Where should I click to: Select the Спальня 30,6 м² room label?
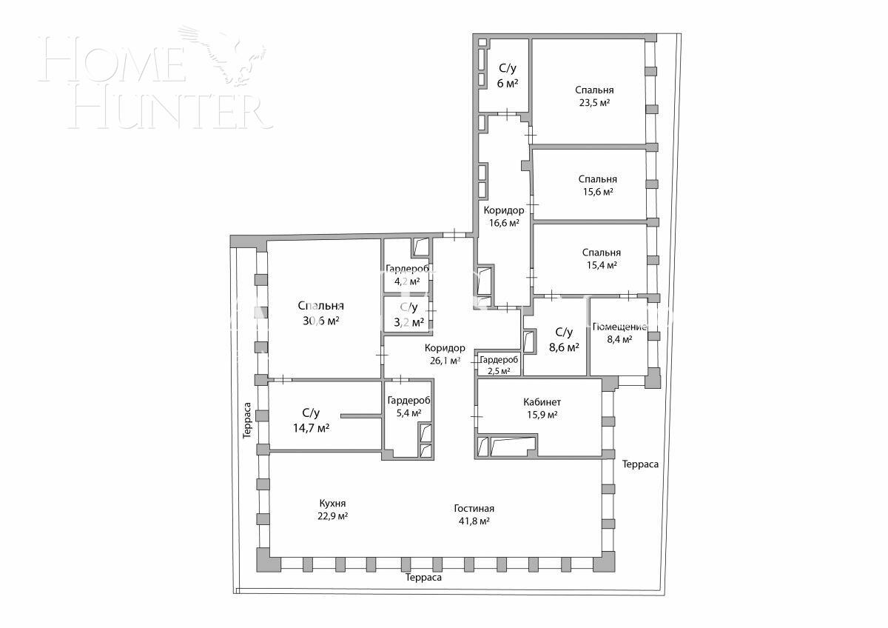click(320, 313)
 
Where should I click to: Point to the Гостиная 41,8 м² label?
click(474, 515)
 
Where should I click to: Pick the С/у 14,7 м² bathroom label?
click(311, 420)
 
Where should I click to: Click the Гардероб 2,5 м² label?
click(499, 365)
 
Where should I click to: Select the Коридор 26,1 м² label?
click(444, 354)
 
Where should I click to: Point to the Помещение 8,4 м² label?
click(620, 333)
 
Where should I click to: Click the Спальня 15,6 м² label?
click(597, 185)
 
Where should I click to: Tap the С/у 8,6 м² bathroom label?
click(564, 339)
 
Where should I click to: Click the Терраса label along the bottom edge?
click(423, 578)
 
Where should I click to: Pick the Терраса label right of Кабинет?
click(640, 464)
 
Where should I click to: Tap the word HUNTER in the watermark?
click(170, 111)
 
